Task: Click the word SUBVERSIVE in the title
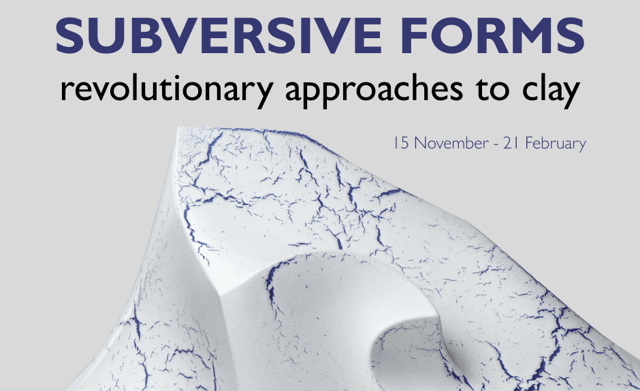[219, 35]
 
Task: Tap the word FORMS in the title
[493, 35]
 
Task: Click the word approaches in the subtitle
[374, 90]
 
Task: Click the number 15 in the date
[401, 144]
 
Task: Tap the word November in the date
[451, 144]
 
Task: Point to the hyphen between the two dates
[496, 145]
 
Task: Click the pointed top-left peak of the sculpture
[180, 128]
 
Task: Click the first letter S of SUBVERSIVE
[70, 35]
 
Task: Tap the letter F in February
[528, 144]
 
